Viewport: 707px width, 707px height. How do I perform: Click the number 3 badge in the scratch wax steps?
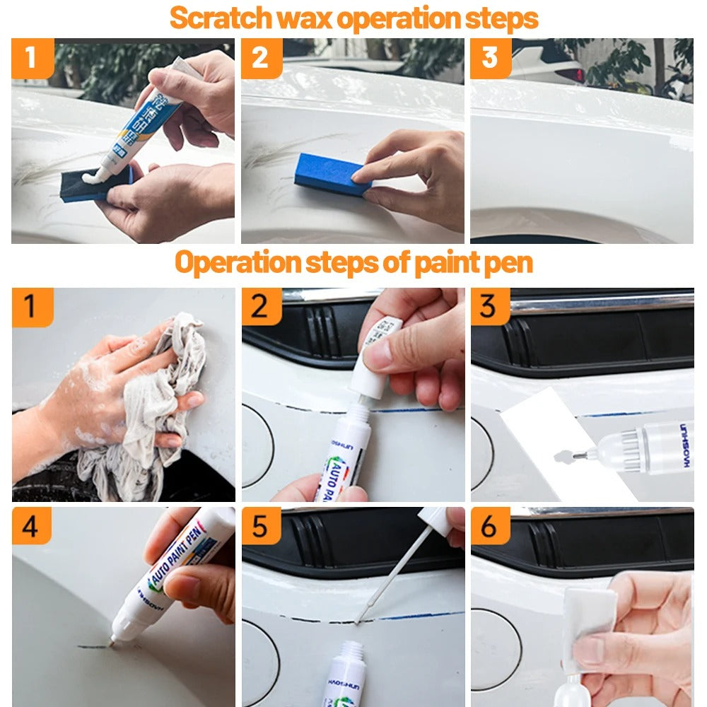pos(490,57)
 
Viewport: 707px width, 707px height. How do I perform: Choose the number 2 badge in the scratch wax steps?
pos(261,57)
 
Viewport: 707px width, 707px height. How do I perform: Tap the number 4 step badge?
pos(31,526)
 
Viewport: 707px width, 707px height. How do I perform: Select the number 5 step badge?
pos(261,526)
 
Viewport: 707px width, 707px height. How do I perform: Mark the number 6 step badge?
pos(490,526)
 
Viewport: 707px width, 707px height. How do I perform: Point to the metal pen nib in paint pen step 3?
pos(578,456)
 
